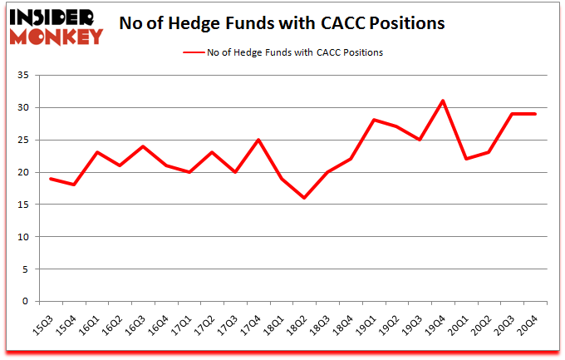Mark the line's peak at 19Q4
pos(444,101)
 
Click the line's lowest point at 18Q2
pos(304,198)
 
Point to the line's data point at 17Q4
pos(258,140)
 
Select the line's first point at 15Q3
pos(51,179)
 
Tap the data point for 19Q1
pos(374,121)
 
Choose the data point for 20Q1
pos(467,159)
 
